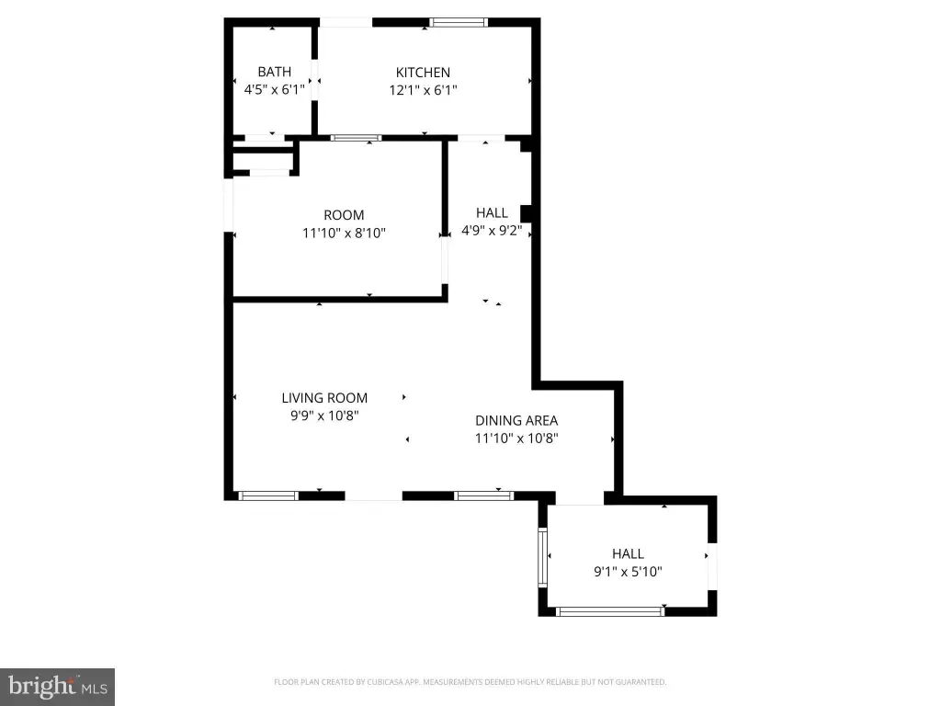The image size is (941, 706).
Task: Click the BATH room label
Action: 274,72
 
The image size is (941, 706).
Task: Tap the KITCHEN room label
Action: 423,72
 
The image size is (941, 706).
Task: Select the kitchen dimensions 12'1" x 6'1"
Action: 423,90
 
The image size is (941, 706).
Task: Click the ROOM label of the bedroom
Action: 344,215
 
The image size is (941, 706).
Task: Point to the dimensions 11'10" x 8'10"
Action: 344,233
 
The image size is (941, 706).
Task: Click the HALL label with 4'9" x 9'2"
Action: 493,212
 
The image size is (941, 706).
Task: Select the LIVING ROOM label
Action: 324,397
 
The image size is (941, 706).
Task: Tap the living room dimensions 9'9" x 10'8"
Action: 324,416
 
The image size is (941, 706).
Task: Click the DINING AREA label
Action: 516,420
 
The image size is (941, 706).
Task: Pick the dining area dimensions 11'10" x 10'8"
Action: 516,438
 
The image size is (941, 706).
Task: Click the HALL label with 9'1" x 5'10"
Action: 629,553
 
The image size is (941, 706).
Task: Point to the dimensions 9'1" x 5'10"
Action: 629,572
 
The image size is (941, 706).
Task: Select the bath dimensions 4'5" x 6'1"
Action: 274,89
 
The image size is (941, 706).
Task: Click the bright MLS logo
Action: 58,687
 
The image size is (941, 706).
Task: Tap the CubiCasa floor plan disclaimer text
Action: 470,682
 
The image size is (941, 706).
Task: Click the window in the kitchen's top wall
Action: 459,23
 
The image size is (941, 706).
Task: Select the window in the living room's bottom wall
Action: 268,495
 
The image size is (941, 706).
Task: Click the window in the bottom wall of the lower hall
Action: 610,611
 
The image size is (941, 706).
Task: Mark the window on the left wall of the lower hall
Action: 542,558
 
